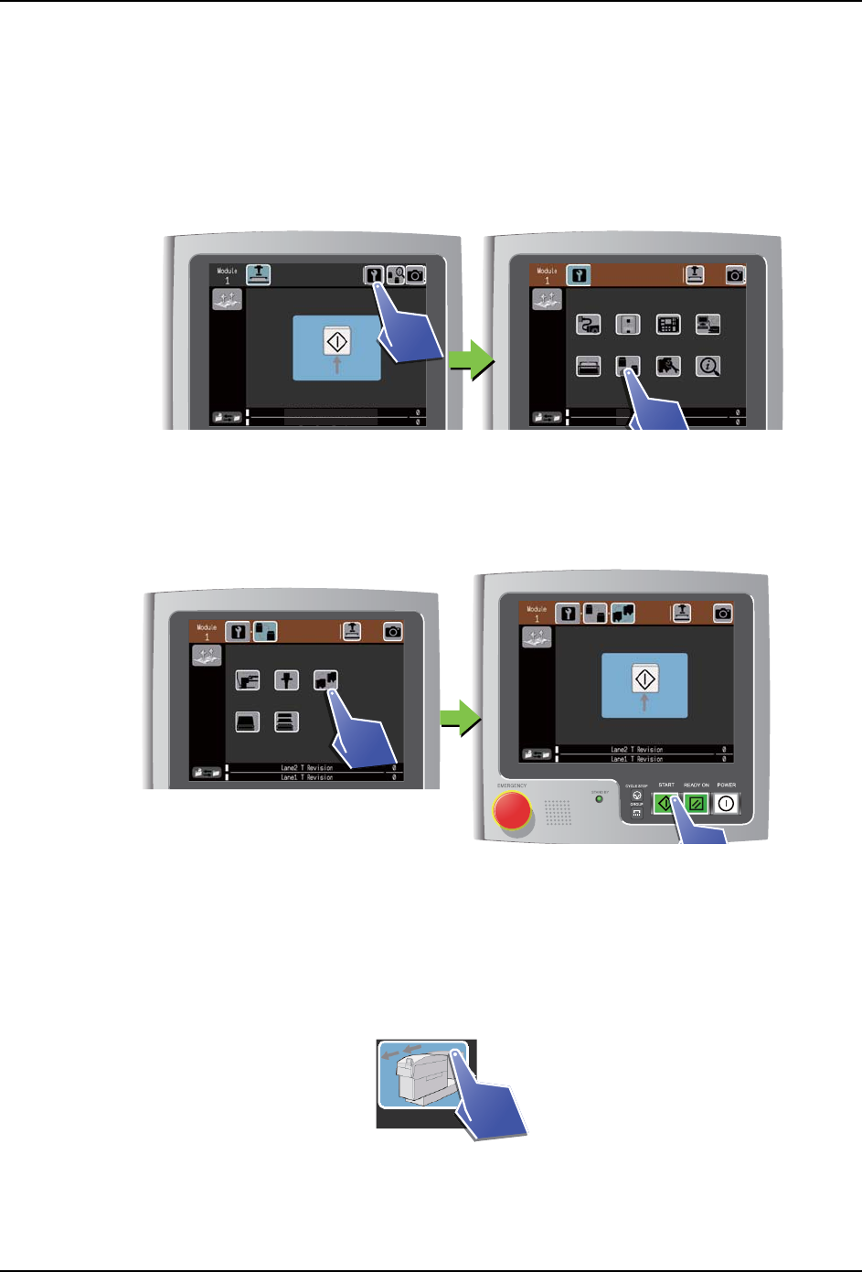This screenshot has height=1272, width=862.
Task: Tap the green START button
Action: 665,804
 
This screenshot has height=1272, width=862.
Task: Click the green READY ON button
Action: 697,804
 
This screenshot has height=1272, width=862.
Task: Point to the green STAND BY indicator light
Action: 600,799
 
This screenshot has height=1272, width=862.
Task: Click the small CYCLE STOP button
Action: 637,796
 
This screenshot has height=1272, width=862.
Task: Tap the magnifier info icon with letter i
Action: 708,366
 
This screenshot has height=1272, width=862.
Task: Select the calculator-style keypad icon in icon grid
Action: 668,325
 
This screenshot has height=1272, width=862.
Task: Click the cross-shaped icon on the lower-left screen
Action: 286,680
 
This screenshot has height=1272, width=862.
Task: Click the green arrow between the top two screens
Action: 471,360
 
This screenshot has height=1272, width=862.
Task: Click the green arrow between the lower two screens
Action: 461,718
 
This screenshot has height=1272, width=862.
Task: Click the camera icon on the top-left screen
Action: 416,274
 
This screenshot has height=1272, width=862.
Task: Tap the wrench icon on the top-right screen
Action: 578,274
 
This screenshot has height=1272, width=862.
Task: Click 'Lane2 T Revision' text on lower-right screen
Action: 637,750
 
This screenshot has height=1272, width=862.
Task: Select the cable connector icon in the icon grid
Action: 588,325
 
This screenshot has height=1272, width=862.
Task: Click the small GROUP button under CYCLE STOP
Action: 637,812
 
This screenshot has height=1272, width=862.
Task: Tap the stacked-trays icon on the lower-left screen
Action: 286,722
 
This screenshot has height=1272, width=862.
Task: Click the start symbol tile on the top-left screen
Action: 336,342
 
